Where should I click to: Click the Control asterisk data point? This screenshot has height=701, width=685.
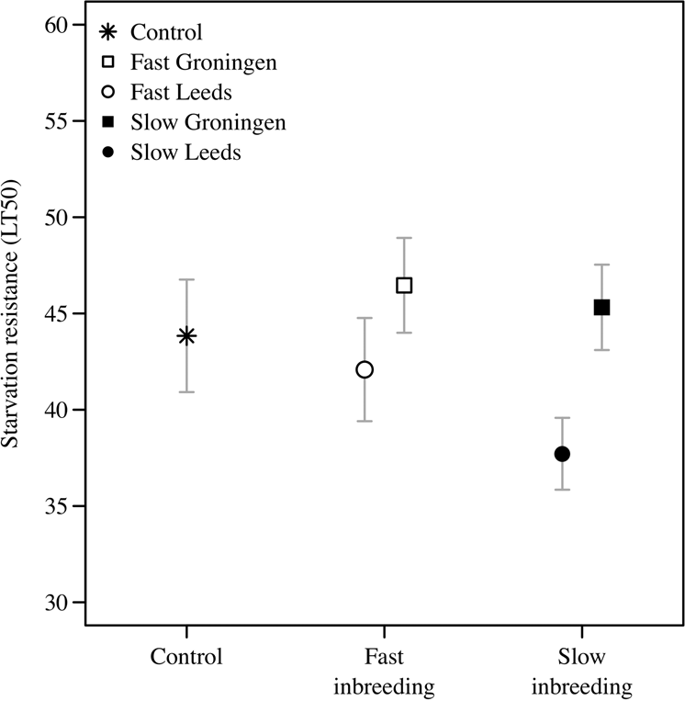186,336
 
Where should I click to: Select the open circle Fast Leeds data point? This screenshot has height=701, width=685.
365,369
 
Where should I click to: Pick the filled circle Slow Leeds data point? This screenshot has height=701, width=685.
562,454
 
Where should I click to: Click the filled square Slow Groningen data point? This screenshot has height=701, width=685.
601,308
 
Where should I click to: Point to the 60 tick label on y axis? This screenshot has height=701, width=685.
59,25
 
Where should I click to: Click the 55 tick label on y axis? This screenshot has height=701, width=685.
59,121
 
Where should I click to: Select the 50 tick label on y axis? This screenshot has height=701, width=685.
59,218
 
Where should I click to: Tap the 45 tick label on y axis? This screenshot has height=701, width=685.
59,314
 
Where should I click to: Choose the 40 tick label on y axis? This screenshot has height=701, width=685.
59,410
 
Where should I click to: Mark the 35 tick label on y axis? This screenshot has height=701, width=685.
59,506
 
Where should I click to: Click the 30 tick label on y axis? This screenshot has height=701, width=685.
59,603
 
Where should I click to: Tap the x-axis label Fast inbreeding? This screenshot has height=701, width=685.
384,673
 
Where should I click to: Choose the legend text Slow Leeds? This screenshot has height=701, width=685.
185,153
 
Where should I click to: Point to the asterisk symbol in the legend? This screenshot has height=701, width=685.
107,33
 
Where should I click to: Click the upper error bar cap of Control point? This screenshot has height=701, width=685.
186,279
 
